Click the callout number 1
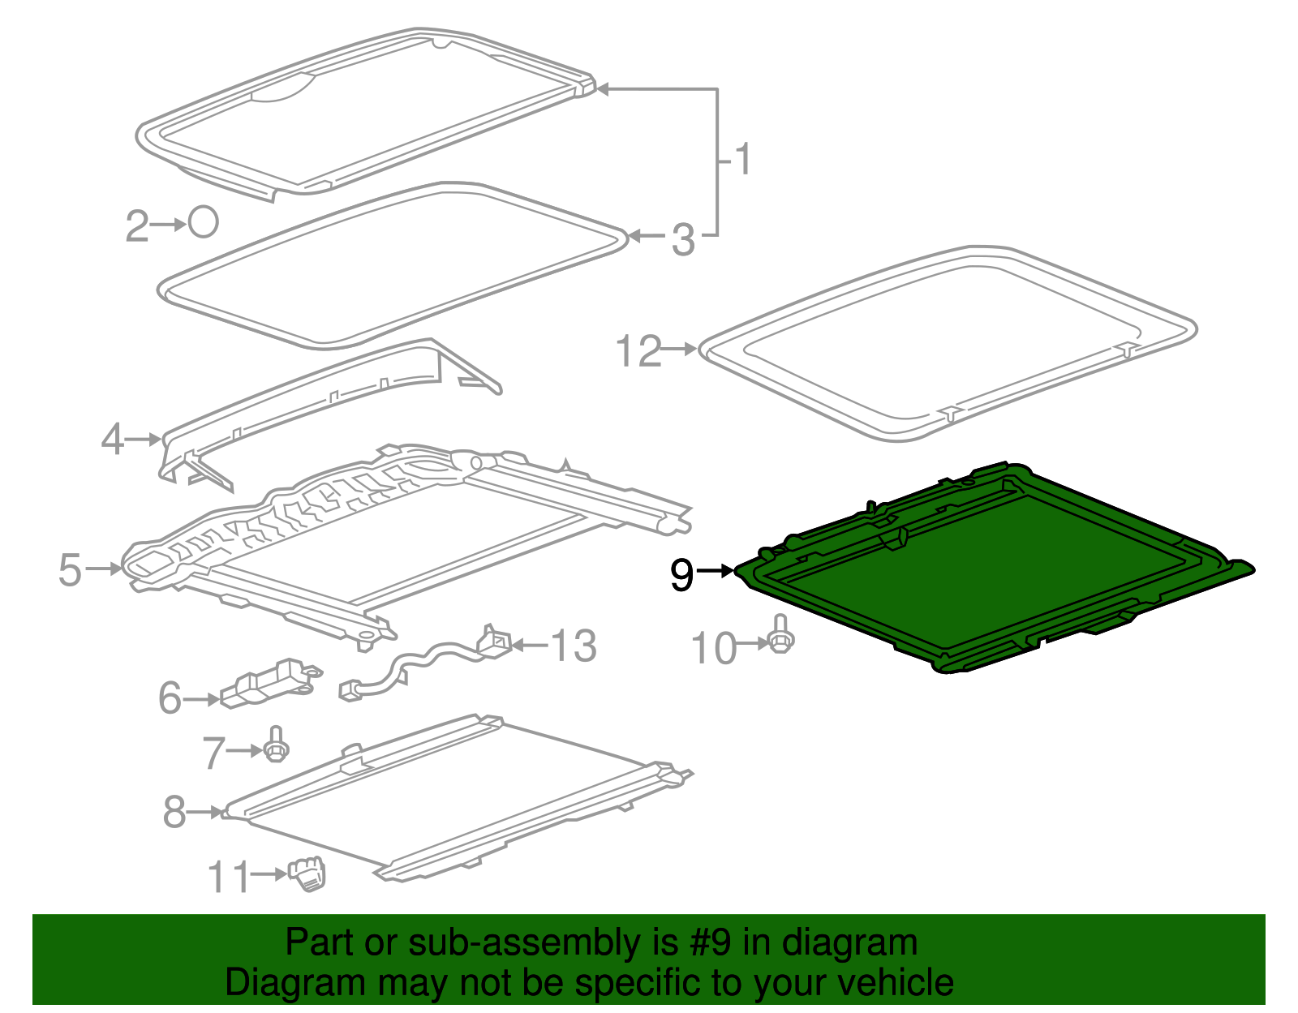coord(743,159)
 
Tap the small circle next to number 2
coord(203,222)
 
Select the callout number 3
coord(684,240)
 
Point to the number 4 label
coord(113,439)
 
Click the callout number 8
coord(174,813)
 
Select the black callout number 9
coord(682,575)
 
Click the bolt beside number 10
coord(780,634)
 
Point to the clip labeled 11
coord(307,874)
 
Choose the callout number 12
coord(638,351)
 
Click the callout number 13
coord(573,646)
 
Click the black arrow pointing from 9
coord(715,571)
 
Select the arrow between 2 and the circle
coord(169,225)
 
